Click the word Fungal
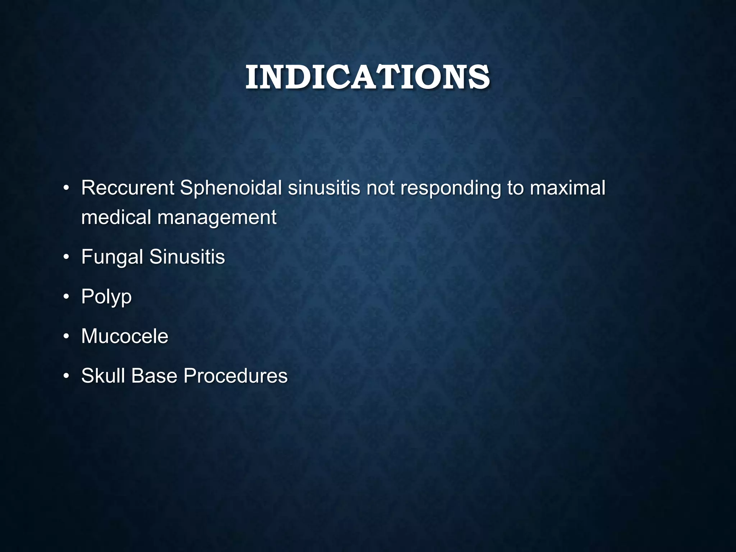point(112,257)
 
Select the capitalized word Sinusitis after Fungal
point(187,257)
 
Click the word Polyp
point(106,297)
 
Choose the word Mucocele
point(125,336)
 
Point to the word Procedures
point(235,376)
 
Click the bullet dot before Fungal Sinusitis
point(66,257)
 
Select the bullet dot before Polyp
point(66,297)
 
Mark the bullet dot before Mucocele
point(66,337)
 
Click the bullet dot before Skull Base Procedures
point(66,376)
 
